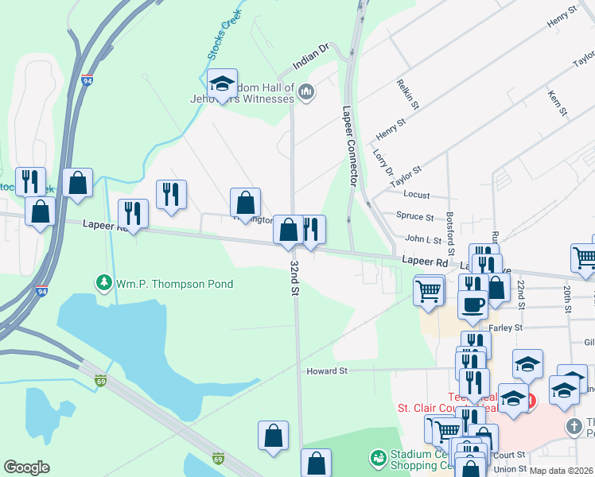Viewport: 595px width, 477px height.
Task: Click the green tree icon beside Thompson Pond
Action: click(103, 282)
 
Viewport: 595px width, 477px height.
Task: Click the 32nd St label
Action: click(294, 277)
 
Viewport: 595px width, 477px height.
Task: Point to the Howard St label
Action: click(328, 370)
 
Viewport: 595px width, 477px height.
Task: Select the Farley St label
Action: click(506, 327)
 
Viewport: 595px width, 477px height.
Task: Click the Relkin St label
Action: click(408, 93)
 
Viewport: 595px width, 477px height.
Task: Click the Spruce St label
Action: click(414, 216)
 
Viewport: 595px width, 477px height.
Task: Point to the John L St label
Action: click(423, 238)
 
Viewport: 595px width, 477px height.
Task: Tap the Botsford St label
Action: click(450, 228)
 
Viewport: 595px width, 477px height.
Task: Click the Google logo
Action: click(26, 467)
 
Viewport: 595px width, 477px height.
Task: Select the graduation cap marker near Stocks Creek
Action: click(222, 82)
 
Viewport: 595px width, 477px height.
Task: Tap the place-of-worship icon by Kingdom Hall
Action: click(305, 94)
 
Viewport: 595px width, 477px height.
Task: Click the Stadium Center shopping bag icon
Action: click(379, 458)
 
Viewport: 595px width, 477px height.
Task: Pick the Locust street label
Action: click(417, 195)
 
